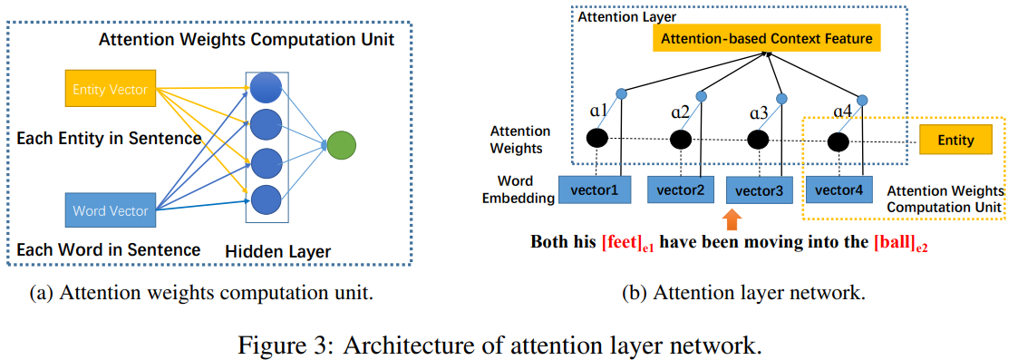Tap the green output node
click(x=342, y=144)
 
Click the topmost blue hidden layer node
click(x=267, y=87)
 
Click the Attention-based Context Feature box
click(x=766, y=38)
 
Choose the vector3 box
click(x=760, y=190)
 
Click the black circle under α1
click(x=596, y=139)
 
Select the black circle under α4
click(x=839, y=141)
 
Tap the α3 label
click(x=759, y=114)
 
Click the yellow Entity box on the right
click(x=955, y=141)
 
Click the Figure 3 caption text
click(x=509, y=345)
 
